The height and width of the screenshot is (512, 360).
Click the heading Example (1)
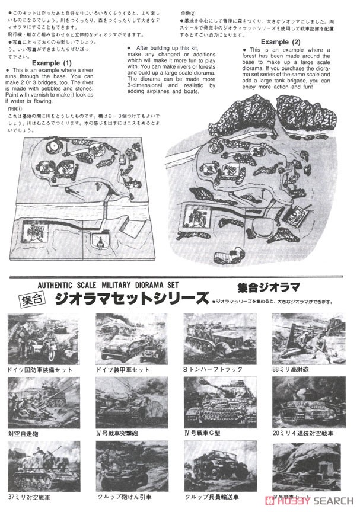52,63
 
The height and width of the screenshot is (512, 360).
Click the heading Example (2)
284,42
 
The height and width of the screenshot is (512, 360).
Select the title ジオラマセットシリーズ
130,297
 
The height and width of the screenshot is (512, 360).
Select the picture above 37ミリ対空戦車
44,465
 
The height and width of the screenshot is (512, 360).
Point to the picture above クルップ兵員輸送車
221,465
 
